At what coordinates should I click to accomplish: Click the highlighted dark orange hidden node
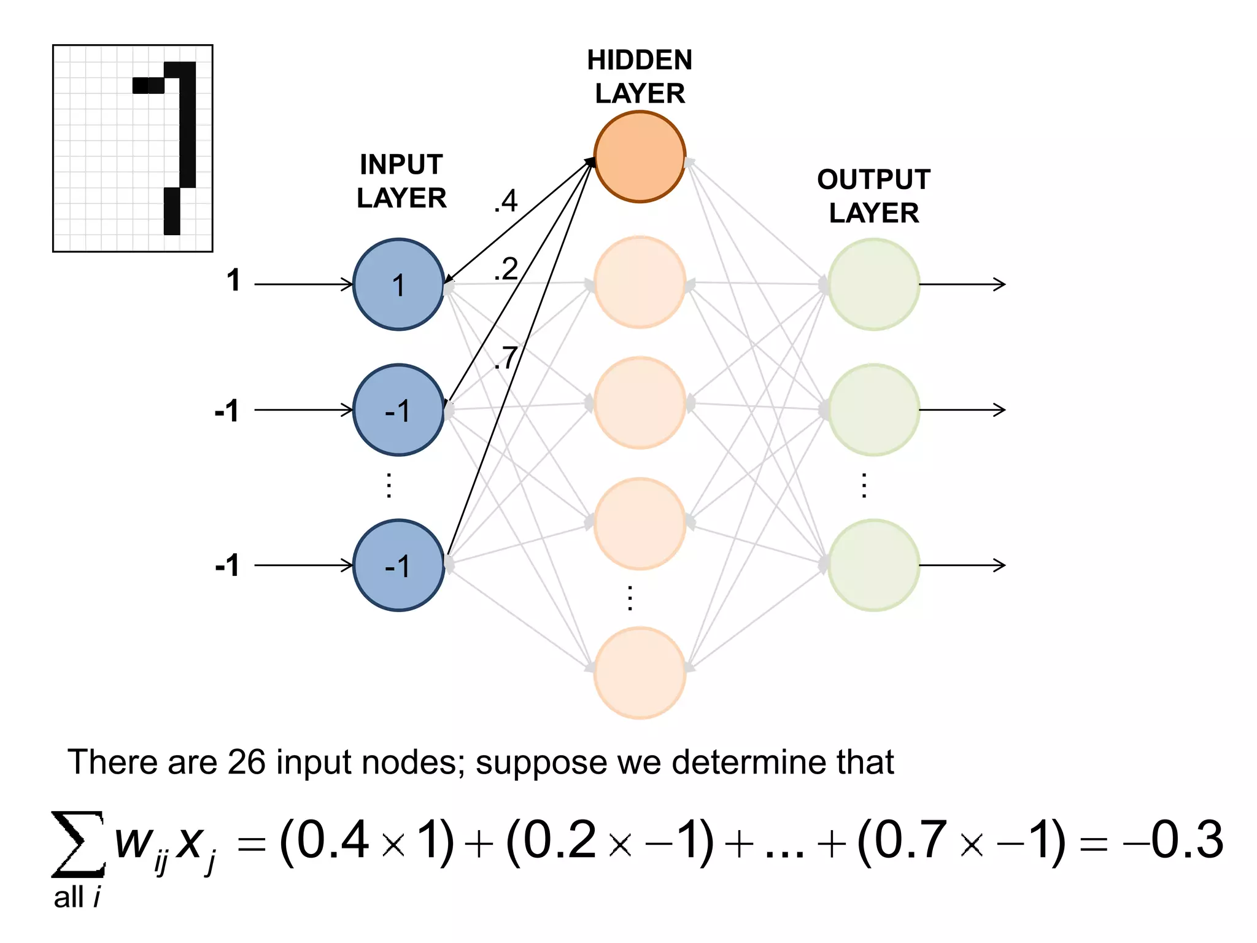[x=640, y=157]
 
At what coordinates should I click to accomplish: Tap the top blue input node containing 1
[x=398, y=284]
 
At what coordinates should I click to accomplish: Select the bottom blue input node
[x=398, y=565]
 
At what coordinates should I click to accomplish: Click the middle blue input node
[x=398, y=409]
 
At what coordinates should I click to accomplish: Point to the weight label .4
[x=506, y=201]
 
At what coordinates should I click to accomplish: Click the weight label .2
[x=506, y=270]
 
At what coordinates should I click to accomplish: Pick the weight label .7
[x=506, y=357]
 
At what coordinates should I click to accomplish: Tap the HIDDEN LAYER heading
[x=640, y=77]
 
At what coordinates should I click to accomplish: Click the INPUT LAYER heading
[x=401, y=181]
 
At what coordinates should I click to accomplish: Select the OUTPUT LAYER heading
[x=873, y=196]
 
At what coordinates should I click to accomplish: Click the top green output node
[x=873, y=284]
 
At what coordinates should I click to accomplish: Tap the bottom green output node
[x=873, y=565]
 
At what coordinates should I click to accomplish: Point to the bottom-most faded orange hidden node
[x=640, y=672]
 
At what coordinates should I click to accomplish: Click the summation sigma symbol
[x=77, y=844]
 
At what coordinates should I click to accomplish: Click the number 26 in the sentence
[x=246, y=762]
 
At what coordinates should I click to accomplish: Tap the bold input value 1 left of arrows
[x=233, y=281]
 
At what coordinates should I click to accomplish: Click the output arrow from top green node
[x=962, y=284]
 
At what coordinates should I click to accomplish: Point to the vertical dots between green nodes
[x=864, y=485]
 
